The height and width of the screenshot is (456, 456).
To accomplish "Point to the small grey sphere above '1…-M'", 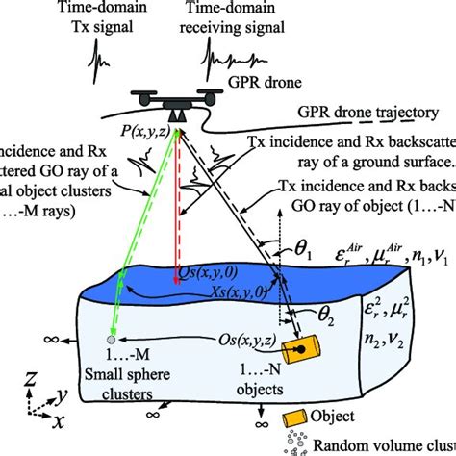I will coord(112,340).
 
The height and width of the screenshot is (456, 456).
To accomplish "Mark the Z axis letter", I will coord(32,378).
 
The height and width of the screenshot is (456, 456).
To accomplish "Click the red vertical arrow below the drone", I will coord(178,192).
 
